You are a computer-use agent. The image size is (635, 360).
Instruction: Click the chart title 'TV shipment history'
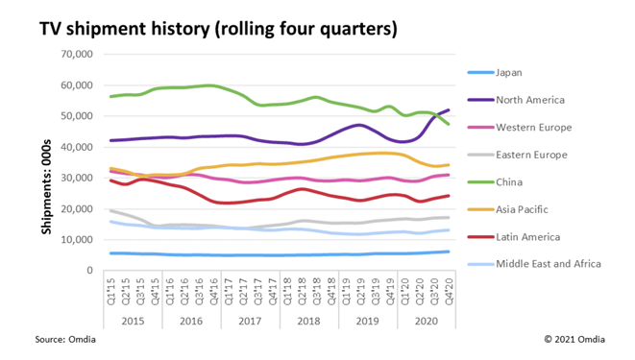pyautogui.click(x=217, y=29)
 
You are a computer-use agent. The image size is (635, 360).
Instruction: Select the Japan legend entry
pyautogui.click(x=509, y=72)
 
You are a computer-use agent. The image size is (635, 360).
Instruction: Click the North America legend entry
pyautogui.click(x=530, y=99)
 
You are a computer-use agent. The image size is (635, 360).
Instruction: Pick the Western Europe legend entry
pyautogui.click(x=534, y=127)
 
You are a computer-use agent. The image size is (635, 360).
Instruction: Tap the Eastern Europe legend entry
pyautogui.click(x=532, y=155)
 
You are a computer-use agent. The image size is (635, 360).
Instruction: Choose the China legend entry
pyautogui.click(x=509, y=182)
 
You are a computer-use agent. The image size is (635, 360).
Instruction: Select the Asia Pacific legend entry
pyautogui.click(x=523, y=209)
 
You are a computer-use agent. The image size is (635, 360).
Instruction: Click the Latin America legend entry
pyautogui.click(x=528, y=237)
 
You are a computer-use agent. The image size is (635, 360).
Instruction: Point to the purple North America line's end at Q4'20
pyautogui.click(x=448, y=109)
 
